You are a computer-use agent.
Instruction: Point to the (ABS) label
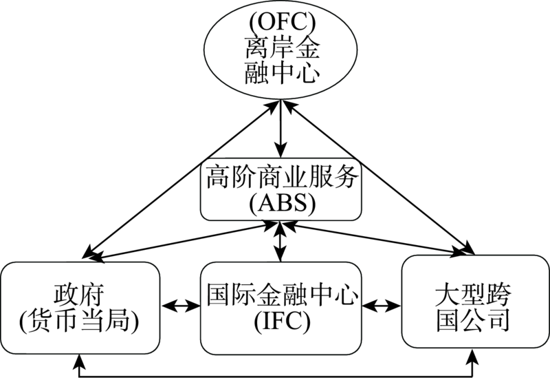click(x=280, y=203)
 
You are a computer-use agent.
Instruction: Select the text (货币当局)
click(x=81, y=320)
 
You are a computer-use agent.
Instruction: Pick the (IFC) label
click(x=280, y=320)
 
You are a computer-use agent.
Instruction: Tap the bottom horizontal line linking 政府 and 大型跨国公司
click(x=275, y=374)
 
